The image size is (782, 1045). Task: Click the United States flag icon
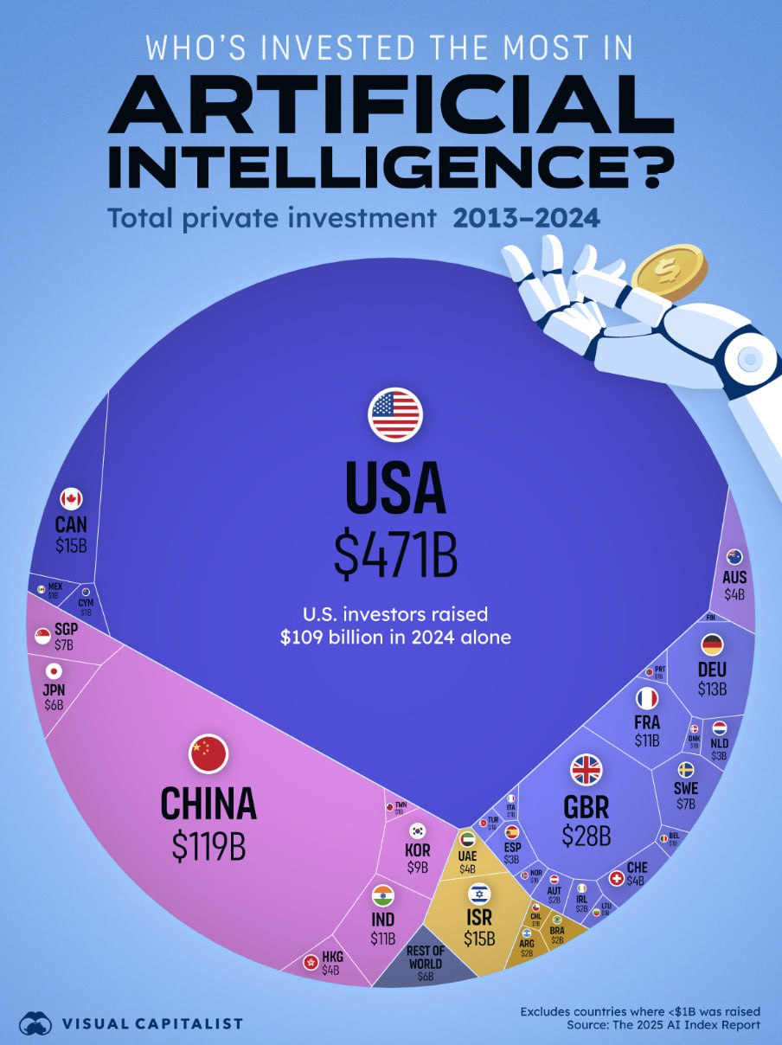pyautogui.click(x=395, y=414)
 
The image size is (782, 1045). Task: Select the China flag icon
pyautogui.click(x=208, y=754)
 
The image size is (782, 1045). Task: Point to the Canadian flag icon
pyautogui.click(x=71, y=498)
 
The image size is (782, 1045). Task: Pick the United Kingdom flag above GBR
pyautogui.click(x=586, y=769)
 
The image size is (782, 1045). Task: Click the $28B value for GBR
pyautogui.click(x=586, y=836)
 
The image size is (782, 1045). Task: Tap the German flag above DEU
pyautogui.click(x=712, y=644)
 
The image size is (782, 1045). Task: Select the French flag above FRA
pyautogui.click(x=646, y=697)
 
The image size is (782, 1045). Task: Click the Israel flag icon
pyautogui.click(x=478, y=894)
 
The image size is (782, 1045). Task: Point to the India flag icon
pyautogui.click(x=382, y=895)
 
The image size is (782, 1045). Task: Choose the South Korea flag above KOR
pyautogui.click(x=418, y=830)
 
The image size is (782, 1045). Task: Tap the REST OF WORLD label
pyautogui.click(x=424, y=958)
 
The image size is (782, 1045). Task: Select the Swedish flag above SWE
pyautogui.click(x=685, y=769)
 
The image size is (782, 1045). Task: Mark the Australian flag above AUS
pyautogui.click(x=734, y=556)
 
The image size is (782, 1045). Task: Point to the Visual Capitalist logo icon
pyautogui.click(x=35, y=1023)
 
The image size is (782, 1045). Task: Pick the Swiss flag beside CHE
pyautogui.click(x=617, y=878)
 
